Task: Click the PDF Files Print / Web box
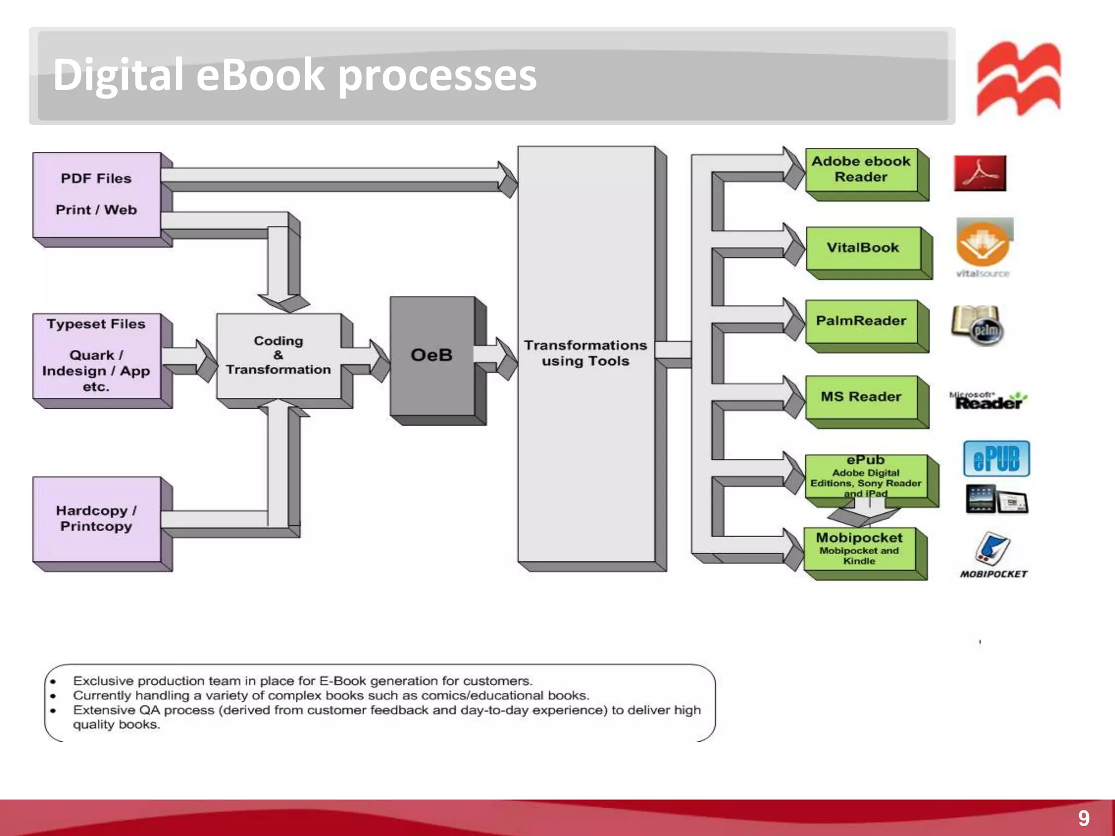click(96, 194)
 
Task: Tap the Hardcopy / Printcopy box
click(96, 519)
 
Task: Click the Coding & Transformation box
click(278, 355)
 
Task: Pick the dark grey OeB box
click(432, 355)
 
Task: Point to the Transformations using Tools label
click(585, 353)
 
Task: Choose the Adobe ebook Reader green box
click(861, 169)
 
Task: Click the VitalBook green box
click(863, 248)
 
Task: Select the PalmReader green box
click(861, 321)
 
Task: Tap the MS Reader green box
click(861, 397)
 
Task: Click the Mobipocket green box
click(859, 549)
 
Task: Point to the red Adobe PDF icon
click(980, 173)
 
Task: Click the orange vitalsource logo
click(983, 245)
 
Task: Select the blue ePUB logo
click(996, 459)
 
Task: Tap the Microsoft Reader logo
click(988, 401)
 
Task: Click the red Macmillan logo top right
click(1019, 79)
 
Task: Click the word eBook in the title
click(260, 75)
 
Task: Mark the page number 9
click(1083, 818)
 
